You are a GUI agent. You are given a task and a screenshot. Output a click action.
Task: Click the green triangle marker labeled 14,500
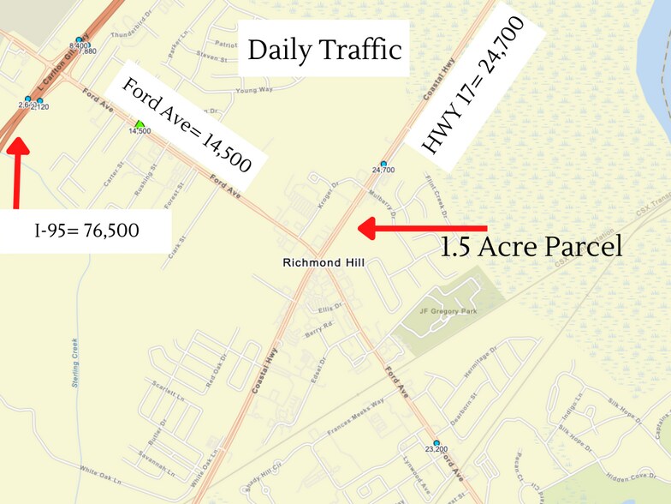point(139,123)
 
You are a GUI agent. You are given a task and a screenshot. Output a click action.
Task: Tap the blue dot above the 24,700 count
point(383,163)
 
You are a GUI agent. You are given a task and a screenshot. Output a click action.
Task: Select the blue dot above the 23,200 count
point(436,442)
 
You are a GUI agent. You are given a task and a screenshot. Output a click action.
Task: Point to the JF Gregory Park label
point(447,311)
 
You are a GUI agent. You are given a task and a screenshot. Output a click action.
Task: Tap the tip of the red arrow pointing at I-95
point(17,139)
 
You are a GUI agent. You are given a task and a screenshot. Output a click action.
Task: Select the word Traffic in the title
point(360,50)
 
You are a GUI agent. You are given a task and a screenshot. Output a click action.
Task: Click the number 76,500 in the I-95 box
point(111,230)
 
